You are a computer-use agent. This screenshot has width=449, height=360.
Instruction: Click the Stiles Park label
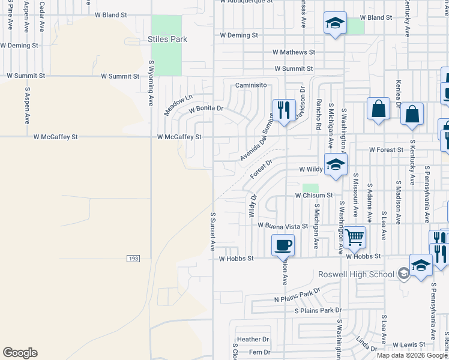167,40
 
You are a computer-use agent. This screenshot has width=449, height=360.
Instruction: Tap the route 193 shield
133,259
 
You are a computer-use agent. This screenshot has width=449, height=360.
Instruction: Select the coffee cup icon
283,244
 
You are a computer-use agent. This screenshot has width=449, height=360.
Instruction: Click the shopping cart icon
354,237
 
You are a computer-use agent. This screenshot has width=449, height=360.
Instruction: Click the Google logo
20,353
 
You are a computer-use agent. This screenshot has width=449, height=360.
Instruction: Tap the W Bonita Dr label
206,109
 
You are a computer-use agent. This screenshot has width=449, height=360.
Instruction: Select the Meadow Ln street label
178,105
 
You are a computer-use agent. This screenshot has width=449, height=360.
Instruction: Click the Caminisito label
251,86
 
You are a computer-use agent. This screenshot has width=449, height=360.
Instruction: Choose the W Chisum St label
313,196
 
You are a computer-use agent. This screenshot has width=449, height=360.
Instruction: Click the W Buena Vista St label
282,226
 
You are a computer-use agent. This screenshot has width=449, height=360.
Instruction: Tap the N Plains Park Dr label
297,295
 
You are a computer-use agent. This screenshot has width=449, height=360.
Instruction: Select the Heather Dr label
253,339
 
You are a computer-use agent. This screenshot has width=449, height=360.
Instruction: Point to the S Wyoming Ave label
151,82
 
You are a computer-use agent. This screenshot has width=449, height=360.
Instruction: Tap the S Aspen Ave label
28,106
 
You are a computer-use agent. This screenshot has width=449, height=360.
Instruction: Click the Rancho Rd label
319,114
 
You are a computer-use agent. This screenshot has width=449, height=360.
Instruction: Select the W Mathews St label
294,53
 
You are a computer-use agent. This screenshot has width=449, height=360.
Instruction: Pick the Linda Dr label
366,345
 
